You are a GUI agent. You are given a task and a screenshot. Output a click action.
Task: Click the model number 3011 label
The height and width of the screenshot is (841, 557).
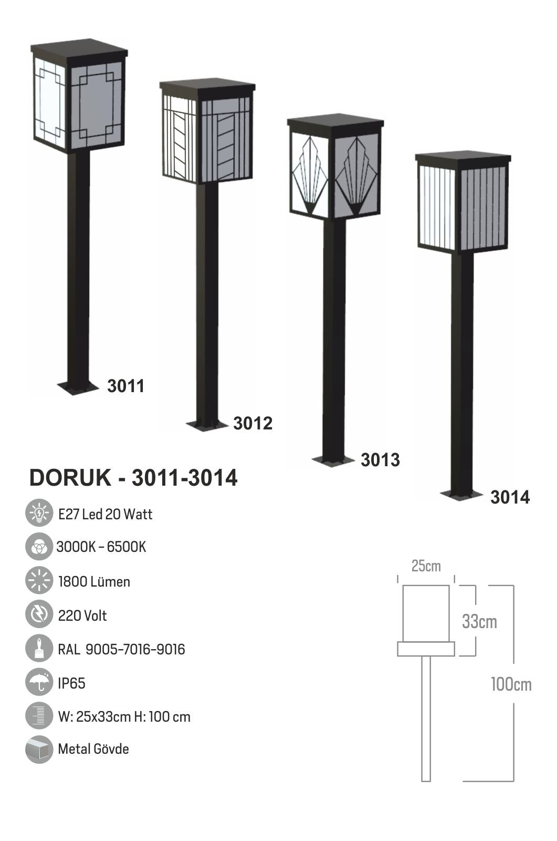(x=125, y=386)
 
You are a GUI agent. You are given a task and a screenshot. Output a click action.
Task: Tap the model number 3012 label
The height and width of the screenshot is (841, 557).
(x=253, y=423)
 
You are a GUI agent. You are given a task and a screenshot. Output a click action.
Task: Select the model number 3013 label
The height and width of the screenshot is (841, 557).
(x=380, y=460)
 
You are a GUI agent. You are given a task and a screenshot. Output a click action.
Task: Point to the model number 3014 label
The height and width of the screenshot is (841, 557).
(x=510, y=497)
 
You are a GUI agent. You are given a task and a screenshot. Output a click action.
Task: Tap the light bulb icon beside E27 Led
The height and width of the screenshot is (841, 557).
(x=39, y=514)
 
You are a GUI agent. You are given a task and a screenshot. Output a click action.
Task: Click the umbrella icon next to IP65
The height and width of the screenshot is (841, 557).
(x=39, y=682)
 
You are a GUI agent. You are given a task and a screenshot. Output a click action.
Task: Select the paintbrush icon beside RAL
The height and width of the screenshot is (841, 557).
(x=39, y=649)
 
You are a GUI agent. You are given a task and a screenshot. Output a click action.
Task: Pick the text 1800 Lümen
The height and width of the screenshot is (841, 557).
(x=94, y=582)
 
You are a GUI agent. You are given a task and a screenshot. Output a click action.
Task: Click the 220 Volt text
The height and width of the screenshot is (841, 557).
(x=82, y=616)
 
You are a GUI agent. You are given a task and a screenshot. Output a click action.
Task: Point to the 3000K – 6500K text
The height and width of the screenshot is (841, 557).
(x=101, y=547)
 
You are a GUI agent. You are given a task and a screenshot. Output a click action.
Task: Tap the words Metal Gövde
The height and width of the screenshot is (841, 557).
(x=93, y=749)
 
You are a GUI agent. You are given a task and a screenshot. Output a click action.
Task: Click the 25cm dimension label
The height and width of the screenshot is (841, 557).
(x=426, y=566)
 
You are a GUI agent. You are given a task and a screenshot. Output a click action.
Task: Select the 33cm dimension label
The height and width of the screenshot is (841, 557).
(x=479, y=622)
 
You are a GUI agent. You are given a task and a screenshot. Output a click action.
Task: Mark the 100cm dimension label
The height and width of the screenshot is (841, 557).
(x=511, y=684)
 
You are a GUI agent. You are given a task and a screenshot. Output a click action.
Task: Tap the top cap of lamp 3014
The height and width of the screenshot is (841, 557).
(x=463, y=158)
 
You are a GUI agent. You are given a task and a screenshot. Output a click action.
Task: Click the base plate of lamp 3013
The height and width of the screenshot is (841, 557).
(x=333, y=460)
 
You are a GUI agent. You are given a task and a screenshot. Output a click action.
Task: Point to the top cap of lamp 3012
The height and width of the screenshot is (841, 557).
(x=207, y=86)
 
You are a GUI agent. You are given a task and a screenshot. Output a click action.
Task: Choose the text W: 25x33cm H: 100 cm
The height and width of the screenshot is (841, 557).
(x=124, y=716)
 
